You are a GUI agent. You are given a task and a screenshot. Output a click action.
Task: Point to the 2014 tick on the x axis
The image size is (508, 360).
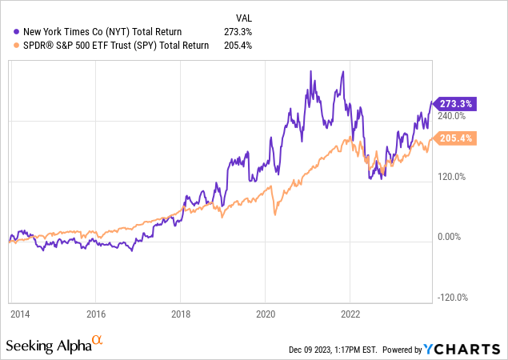pyautogui.click(x=22, y=314)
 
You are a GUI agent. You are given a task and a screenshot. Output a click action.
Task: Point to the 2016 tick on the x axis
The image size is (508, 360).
pyautogui.click(x=95, y=314)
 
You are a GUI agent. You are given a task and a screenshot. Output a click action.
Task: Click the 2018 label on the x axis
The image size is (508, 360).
pyautogui.click(x=181, y=314)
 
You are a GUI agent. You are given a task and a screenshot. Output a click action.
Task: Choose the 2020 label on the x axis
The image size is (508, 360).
pyautogui.click(x=266, y=314)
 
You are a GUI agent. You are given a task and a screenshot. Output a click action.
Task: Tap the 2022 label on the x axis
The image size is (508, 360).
pyautogui.click(x=350, y=314)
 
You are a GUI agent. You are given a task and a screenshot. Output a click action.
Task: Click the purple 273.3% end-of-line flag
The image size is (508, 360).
pyautogui.click(x=454, y=104)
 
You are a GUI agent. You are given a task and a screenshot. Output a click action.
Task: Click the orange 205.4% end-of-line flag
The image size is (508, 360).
pyautogui.click(x=454, y=138)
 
